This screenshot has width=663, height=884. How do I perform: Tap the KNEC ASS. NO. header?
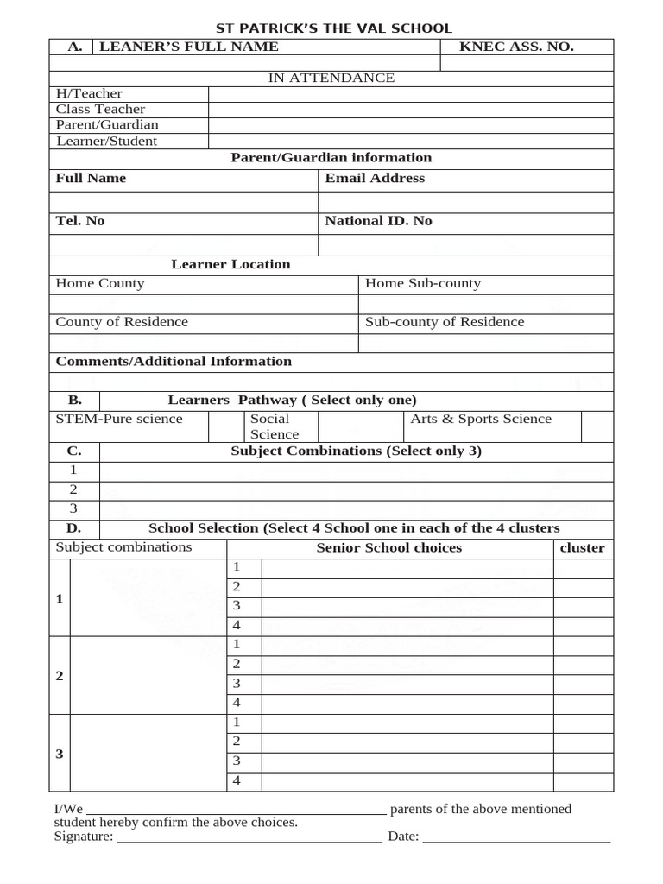click(x=516, y=47)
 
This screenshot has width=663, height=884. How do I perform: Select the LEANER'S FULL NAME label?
click(x=189, y=47)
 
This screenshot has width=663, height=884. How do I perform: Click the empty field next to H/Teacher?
click(x=411, y=93)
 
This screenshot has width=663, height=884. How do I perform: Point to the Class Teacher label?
click(x=100, y=110)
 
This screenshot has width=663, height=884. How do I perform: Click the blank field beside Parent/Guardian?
click(x=411, y=125)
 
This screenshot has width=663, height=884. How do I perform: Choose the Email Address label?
click(x=375, y=179)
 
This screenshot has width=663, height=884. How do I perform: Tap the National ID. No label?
click(x=378, y=222)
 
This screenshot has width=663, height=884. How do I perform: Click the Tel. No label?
click(x=80, y=222)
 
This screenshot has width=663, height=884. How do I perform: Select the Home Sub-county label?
click(x=423, y=284)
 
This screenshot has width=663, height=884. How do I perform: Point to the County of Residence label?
click(x=122, y=323)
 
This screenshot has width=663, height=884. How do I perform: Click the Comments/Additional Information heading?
click(x=174, y=362)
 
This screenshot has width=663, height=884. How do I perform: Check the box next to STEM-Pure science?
click(x=226, y=426)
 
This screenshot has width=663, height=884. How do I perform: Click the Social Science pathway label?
click(x=275, y=426)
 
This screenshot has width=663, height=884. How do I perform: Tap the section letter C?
click(x=74, y=451)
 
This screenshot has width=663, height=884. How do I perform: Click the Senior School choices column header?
click(x=388, y=548)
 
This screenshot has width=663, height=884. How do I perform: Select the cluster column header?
click(x=583, y=548)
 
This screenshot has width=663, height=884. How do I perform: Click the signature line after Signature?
click(x=249, y=837)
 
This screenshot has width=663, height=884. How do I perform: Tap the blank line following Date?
click(x=516, y=837)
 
